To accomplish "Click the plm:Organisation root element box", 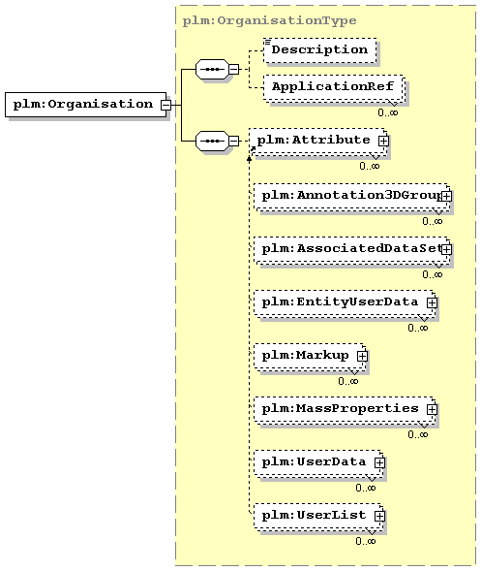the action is (x=86, y=105).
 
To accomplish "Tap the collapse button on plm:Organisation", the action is (x=165, y=105).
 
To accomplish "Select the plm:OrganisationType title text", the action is (x=269, y=20).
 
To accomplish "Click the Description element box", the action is (x=319, y=49).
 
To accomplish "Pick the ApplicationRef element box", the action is (x=333, y=87).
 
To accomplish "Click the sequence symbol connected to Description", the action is (x=212, y=69).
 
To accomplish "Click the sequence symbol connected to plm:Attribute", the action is (x=212, y=141).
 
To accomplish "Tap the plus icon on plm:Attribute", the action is (x=383, y=141).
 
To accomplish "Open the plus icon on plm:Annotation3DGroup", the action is (x=446, y=197).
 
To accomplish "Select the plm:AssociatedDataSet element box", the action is (x=351, y=250).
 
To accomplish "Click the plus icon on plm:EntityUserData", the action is (x=432, y=303).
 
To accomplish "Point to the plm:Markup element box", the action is (x=310, y=356).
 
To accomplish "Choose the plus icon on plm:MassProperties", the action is (x=432, y=410).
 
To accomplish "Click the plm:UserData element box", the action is (x=318, y=462).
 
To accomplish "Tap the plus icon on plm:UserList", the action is (x=379, y=516).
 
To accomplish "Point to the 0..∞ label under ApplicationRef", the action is (x=388, y=112).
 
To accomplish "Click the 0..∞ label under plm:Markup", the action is (x=348, y=381).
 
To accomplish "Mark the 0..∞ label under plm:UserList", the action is (x=366, y=541).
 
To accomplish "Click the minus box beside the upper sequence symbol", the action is (x=234, y=69).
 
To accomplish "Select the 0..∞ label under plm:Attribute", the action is (x=370, y=166).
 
